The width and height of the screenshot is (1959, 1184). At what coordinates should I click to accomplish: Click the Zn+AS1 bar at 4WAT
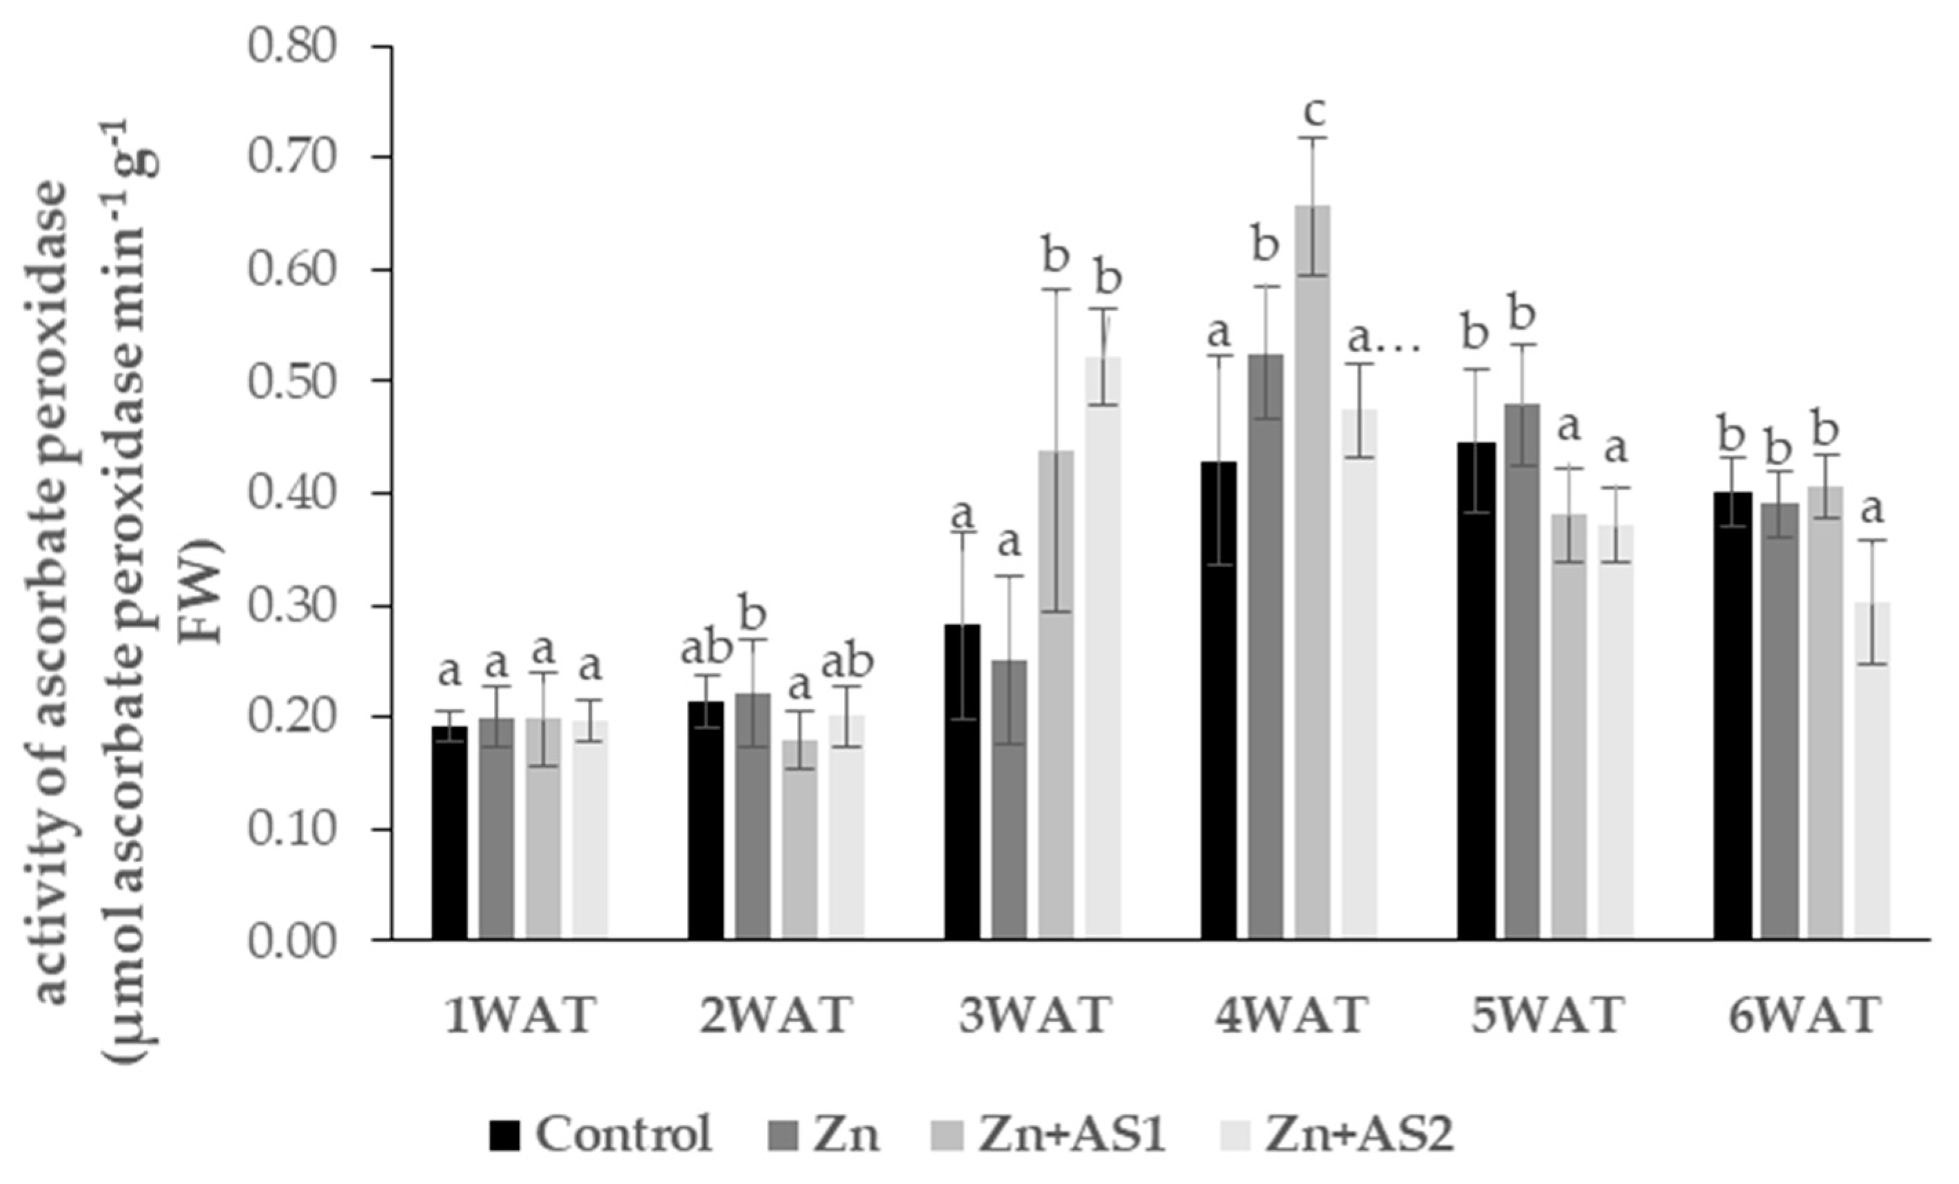1312,573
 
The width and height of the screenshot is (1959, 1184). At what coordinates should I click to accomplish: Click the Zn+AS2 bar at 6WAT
1872,771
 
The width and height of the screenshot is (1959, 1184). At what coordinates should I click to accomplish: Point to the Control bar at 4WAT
1219,700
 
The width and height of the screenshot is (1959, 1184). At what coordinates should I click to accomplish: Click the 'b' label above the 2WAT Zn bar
753,614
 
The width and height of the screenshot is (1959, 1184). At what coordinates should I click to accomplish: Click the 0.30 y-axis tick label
291,606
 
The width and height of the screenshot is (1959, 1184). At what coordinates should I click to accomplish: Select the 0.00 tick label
291,941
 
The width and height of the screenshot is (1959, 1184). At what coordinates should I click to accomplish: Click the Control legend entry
600,1134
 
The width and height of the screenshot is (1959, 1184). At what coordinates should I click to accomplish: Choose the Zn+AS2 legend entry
1335,1134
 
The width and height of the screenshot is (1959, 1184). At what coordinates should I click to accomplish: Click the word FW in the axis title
202,593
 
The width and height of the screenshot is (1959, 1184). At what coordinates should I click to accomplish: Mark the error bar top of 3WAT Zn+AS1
1056,289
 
